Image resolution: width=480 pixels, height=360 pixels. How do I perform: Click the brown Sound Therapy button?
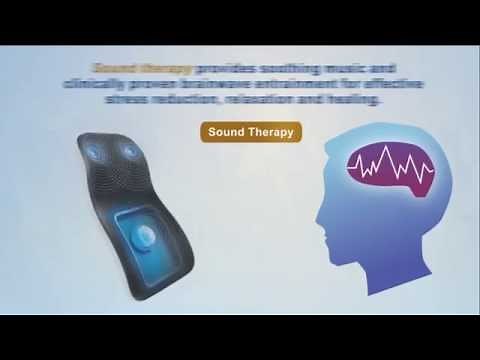click(x=250, y=132)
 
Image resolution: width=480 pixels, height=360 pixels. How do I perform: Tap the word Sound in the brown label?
click(x=227, y=132)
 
